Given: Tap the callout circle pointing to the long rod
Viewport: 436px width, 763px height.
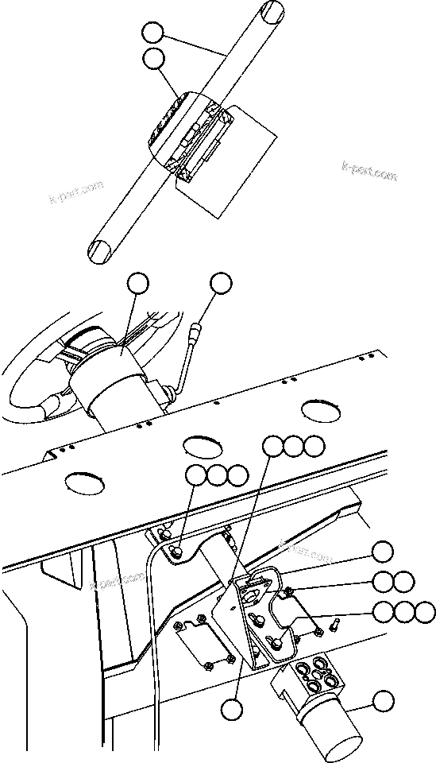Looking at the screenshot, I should pos(153,33).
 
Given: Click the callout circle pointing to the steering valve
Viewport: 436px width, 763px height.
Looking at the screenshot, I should pos(384,701).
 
